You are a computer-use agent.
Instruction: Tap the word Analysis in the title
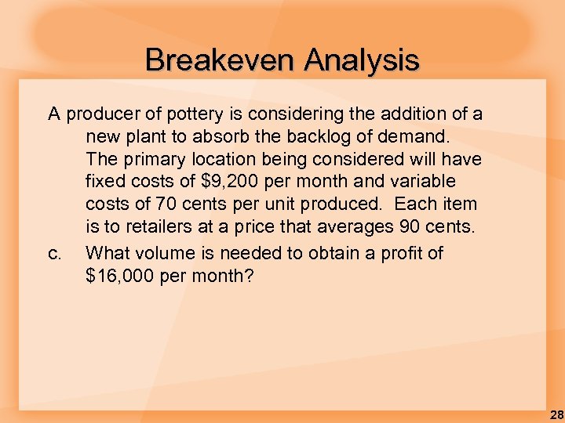coord(362,60)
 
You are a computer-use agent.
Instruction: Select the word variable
coord(418,183)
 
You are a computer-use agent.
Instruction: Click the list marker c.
coord(54,253)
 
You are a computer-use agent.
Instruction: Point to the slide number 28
coord(556,414)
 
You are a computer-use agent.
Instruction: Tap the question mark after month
coord(249,276)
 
